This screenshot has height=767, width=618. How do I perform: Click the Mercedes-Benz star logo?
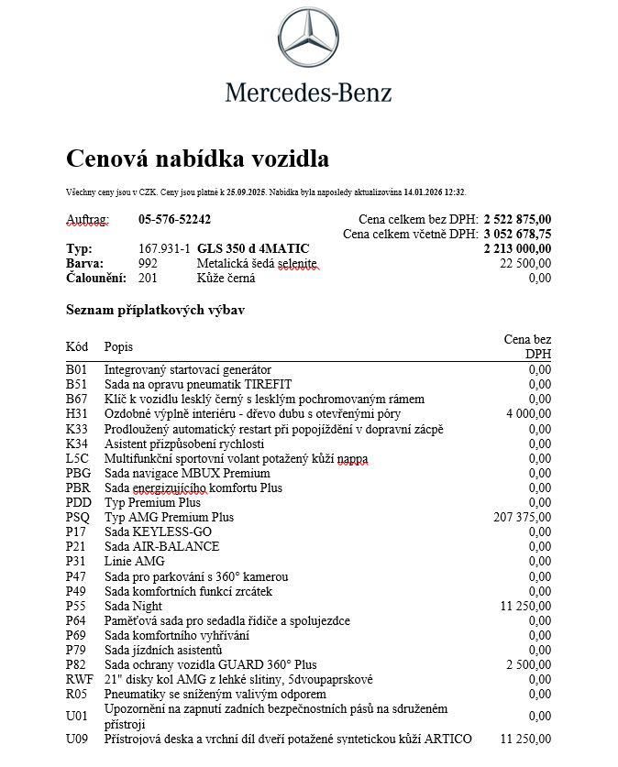pos(309,40)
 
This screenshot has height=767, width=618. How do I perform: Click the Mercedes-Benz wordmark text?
pos(309,92)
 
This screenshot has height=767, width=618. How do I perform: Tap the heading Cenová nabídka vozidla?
pos(197,159)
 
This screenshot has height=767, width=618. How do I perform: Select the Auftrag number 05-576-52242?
pos(174,219)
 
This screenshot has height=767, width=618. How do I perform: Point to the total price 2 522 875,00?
pos(517,219)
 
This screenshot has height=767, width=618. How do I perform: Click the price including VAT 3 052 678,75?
pos(517,234)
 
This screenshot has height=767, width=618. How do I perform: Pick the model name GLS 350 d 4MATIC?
pos(253,248)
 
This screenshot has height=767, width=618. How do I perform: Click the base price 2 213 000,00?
pos(517,248)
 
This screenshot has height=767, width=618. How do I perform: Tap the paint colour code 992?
pos(148,263)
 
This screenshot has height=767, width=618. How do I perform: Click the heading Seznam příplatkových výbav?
pos(155,310)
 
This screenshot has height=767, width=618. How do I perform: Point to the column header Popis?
pos(118,346)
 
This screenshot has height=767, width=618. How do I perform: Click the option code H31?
pos(77,414)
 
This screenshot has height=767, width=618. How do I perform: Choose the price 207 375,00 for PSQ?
pos(523,518)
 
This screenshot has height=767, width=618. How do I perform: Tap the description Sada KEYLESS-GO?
pos(158,532)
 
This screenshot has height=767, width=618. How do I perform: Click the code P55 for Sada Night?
pos(77,607)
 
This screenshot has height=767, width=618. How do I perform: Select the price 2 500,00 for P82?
pos(528,665)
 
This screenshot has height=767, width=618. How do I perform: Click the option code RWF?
pos(80,680)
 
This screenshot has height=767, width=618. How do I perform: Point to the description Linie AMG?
pos(135,562)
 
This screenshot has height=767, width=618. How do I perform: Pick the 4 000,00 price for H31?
pos(528,414)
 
